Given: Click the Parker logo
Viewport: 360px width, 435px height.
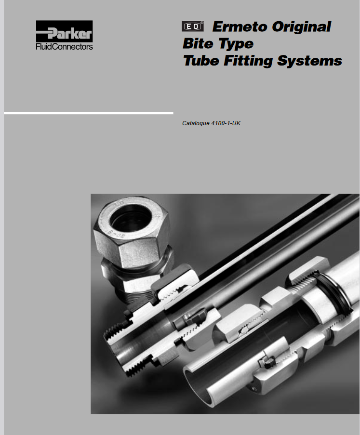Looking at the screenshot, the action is tap(64, 31).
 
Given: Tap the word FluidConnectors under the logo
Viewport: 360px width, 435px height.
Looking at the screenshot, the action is tap(64, 46).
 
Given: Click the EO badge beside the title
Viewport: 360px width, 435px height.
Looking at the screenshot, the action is tap(193, 26).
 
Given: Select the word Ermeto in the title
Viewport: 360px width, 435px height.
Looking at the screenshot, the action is tap(240, 27).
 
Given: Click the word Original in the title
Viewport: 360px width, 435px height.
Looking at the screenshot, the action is tap(301, 27).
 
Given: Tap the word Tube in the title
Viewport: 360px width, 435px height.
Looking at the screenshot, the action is tap(201, 61).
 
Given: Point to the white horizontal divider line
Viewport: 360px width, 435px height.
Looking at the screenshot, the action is tap(89, 113).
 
